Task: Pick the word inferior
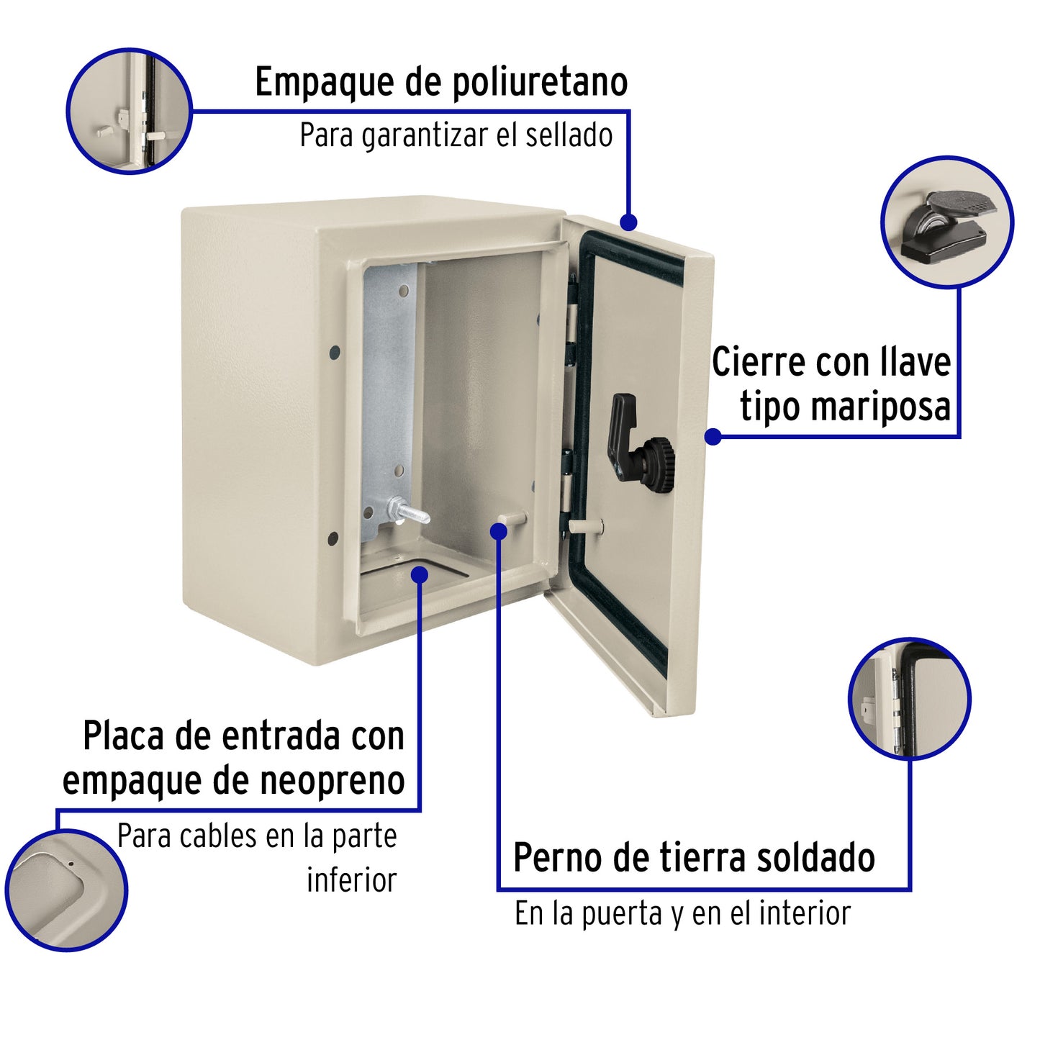point(351,880)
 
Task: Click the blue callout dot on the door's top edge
point(628,222)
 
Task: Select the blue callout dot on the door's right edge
point(713,436)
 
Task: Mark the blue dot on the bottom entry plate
point(420,574)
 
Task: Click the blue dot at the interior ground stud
point(498,530)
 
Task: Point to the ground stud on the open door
point(585,526)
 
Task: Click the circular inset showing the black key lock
point(946,222)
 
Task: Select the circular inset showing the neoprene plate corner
point(66,890)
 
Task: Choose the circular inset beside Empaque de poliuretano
point(130,111)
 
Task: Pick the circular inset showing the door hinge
point(909,698)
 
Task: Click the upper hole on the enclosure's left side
point(335,353)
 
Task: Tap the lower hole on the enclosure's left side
point(333,538)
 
